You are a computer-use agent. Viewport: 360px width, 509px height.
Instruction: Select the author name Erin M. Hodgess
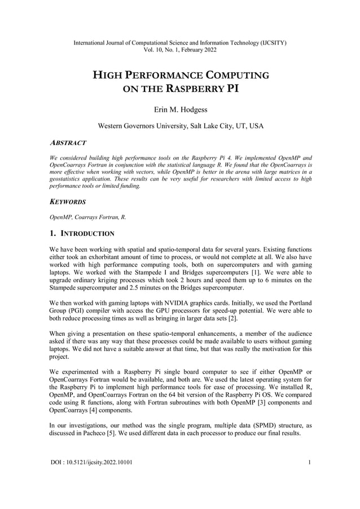pos(180,109)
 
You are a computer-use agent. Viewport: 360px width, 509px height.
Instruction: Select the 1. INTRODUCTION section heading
pos(82,233)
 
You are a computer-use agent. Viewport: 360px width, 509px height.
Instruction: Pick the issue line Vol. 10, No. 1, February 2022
pos(180,50)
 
